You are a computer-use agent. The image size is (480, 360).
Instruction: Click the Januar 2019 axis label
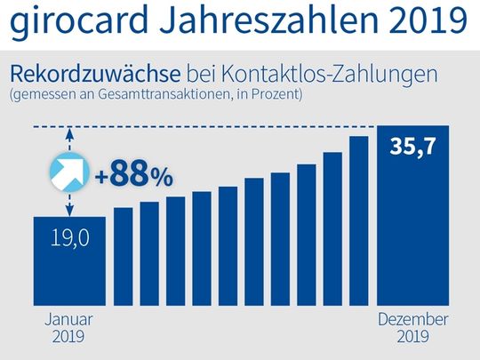click(68, 327)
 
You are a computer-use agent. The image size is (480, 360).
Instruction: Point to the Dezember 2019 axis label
click(413, 327)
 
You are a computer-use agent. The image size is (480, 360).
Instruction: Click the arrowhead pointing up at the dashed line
click(68, 135)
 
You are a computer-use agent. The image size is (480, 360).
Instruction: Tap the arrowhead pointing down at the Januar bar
click(68, 212)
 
